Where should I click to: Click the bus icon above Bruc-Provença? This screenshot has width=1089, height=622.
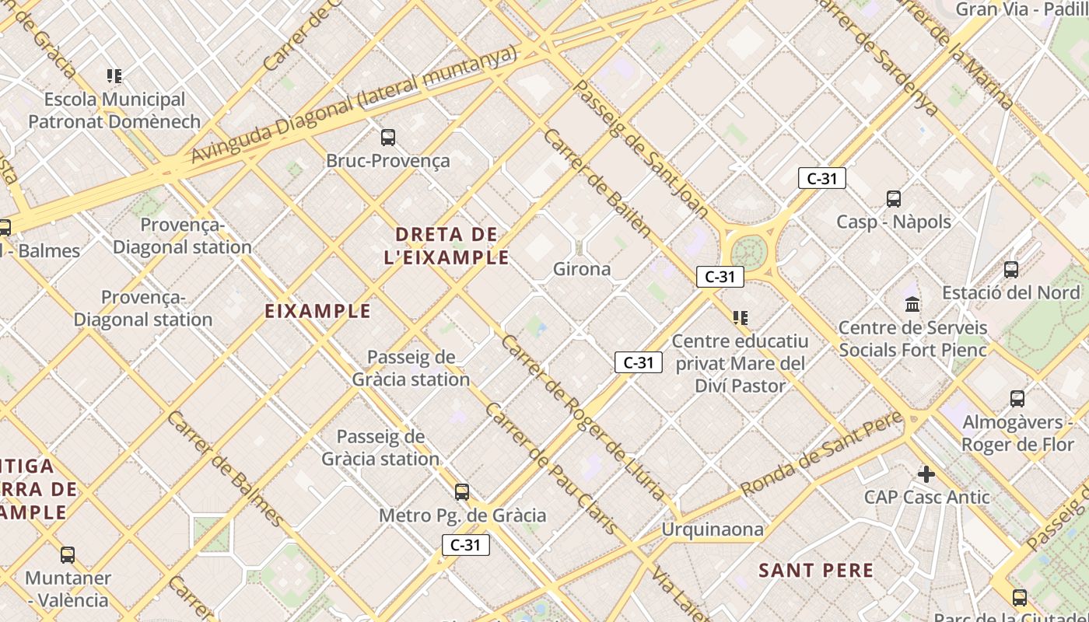[x=387, y=138]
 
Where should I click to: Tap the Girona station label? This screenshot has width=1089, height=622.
[x=582, y=269]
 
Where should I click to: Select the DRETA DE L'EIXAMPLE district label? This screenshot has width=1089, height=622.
[x=446, y=246]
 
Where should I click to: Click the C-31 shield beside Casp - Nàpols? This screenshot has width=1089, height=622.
[x=821, y=178]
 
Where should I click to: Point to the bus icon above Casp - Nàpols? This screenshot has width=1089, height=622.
[x=893, y=199]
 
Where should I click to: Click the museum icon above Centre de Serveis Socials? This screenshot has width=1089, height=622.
[x=912, y=304]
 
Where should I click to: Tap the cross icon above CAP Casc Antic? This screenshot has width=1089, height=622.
[x=926, y=473]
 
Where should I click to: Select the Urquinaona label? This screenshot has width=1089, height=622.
[x=713, y=529]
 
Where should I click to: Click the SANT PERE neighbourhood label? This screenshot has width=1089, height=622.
[x=816, y=570]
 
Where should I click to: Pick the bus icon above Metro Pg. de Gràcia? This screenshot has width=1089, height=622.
[x=462, y=492]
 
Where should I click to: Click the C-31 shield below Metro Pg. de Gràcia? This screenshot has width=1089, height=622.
[x=465, y=545]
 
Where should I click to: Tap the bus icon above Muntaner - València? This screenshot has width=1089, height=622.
[x=68, y=555]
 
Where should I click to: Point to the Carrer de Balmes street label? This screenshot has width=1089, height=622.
[x=225, y=468]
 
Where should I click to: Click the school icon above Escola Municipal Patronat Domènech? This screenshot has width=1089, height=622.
[x=114, y=76]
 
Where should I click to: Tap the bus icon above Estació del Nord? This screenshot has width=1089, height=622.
[x=1010, y=270]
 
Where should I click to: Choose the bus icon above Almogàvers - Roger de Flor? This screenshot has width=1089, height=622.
[x=1017, y=399]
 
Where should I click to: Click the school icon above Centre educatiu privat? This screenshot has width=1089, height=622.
[x=740, y=317]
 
